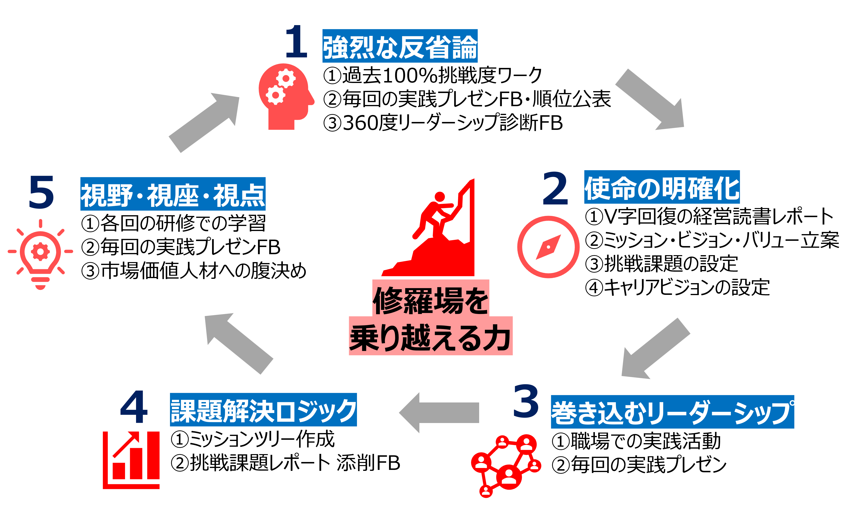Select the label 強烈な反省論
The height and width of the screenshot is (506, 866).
click(x=400, y=46)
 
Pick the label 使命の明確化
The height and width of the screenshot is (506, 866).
click(x=662, y=187)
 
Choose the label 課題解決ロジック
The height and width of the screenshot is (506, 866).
click(x=263, y=410)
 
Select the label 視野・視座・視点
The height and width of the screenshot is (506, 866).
click(x=173, y=194)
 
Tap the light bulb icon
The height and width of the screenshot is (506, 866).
click(x=41, y=254)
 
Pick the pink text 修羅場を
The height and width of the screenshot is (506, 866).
click(x=431, y=300)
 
